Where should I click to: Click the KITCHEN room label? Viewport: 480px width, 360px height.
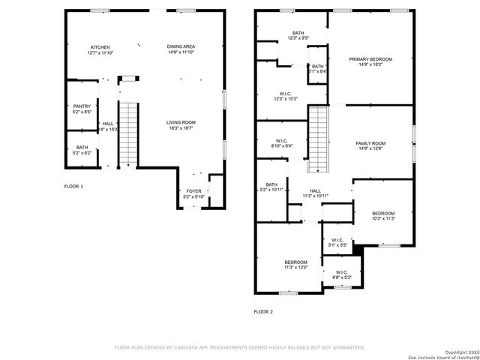(100, 46)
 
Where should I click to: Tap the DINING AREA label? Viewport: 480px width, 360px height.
(181, 46)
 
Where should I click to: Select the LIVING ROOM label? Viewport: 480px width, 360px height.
(181, 122)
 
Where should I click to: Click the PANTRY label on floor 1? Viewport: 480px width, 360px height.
(82, 106)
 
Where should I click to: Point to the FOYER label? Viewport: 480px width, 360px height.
(193, 191)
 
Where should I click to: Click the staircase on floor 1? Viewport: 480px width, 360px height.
(129, 133)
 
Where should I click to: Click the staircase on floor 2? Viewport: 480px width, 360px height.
(319, 138)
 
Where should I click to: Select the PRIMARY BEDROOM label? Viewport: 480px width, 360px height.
(370, 58)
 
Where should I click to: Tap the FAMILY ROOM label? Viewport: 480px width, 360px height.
(370, 143)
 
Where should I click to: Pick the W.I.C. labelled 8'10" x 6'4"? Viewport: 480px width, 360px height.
(282, 140)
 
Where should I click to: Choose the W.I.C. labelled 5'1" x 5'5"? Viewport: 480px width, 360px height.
(337, 241)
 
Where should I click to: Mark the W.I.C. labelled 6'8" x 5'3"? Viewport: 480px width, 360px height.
(341, 272)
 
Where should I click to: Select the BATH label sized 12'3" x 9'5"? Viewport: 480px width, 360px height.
(298, 34)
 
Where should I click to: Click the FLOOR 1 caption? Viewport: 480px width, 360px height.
(73, 185)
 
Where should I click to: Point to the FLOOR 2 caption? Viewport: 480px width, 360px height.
(263, 311)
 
